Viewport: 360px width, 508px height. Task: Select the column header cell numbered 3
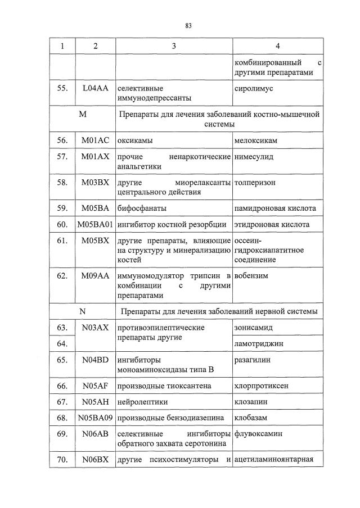coord(174,46)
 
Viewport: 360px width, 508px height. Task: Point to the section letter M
coord(83,115)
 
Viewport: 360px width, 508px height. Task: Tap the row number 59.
coord(62,208)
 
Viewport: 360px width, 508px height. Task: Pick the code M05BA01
coord(95,225)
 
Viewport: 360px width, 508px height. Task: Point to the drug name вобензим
coord(250,276)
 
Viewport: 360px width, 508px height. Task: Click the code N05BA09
coord(95,418)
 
